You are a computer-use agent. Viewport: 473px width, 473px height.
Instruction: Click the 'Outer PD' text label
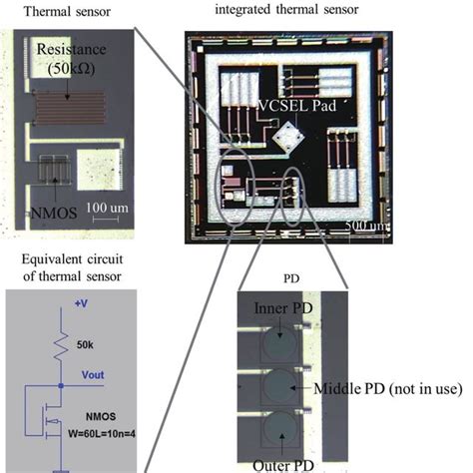[x=284, y=463]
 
